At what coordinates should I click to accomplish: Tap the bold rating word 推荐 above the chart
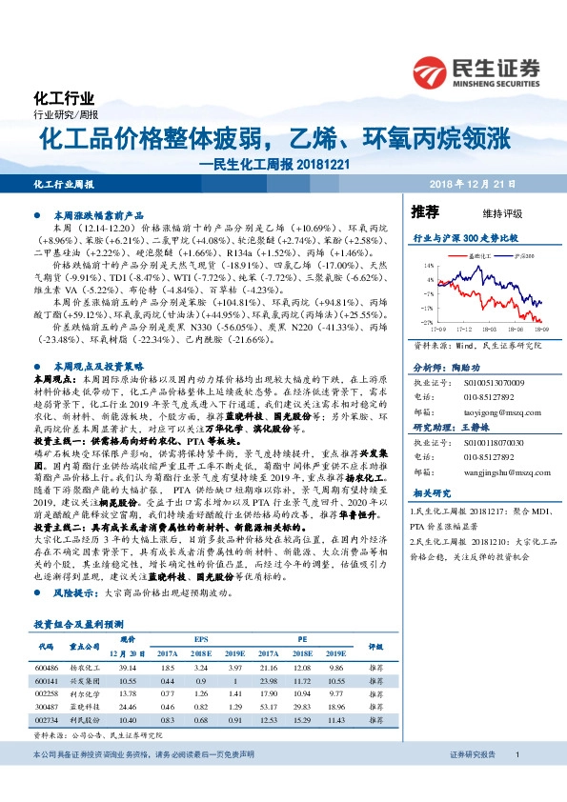tap(425, 211)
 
